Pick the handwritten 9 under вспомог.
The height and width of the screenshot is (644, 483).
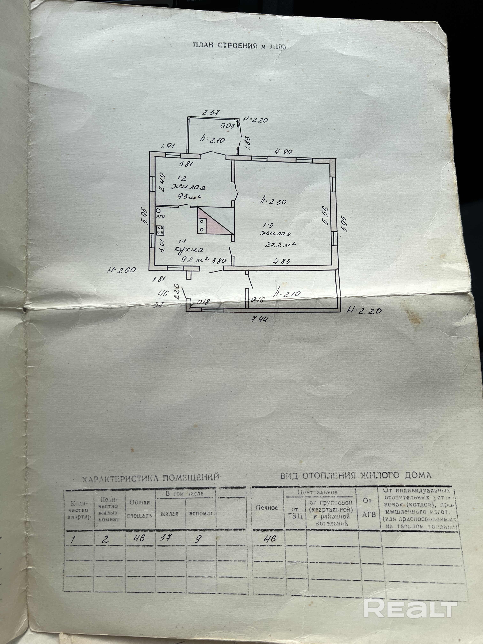click(198, 539)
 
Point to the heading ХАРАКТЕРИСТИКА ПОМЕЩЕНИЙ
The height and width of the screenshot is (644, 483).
click(150, 478)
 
